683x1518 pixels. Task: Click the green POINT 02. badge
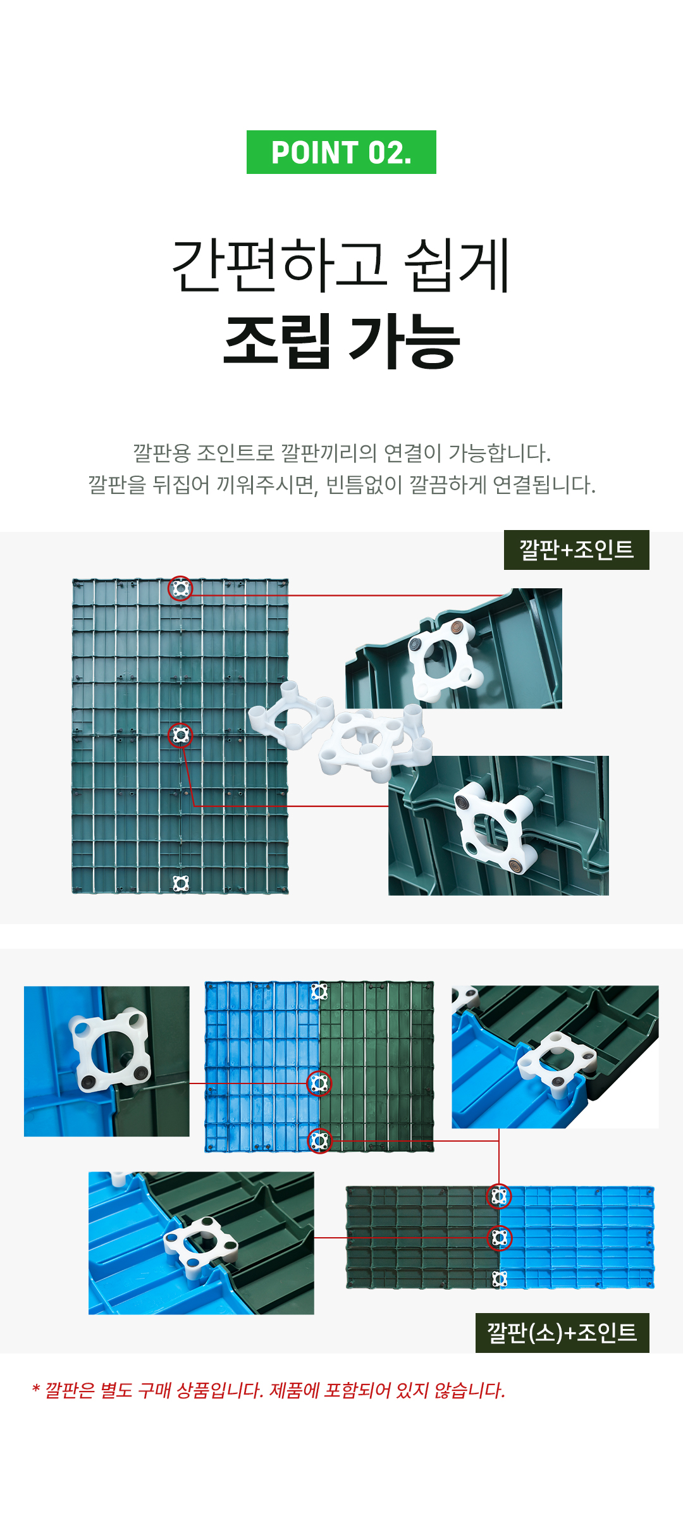[x=341, y=152]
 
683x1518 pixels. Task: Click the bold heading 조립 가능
[x=341, y=341]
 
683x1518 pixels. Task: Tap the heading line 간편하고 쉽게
[x=341, y=266]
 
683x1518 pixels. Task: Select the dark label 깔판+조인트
[x=577, y=550]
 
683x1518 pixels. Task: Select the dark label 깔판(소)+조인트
[x=562, y=1333]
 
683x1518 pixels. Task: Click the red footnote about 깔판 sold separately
[x=269, y=1390]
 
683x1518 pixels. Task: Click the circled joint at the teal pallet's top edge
[x=180, y=588]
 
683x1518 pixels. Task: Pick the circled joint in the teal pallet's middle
[x=180, y=735]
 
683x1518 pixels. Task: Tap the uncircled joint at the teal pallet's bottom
[x=181, y=883]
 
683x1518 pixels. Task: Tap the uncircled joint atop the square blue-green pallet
[x=319, y=991]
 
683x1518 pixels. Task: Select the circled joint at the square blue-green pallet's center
[x=319, y=1083]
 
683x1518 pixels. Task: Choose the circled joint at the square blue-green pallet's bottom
[x=319, y=1140]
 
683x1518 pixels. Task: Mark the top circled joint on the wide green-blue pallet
[x=499, y=1196]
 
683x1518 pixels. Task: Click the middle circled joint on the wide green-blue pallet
[x=499, y=1238]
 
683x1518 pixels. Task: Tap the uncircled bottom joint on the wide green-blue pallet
[x=499, y=1279]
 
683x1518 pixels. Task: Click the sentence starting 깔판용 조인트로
[x=341, y=453]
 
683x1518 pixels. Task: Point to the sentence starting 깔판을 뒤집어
[x=341, y=485]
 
